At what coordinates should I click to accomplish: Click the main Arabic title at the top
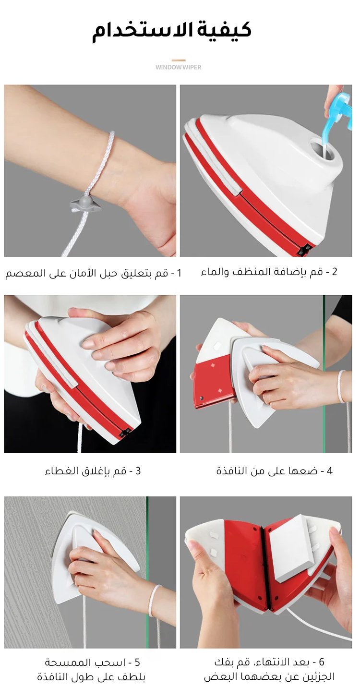pos(171,31)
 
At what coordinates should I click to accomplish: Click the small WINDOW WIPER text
pos(179,67)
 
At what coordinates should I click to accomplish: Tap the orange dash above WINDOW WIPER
pos(179,60)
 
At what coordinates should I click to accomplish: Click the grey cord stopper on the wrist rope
pos(85,204)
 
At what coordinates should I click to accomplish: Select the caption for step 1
pos(93,273)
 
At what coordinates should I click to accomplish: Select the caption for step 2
pos(269,272)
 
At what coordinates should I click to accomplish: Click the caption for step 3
pos(93,470)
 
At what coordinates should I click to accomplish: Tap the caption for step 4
pos(274,470)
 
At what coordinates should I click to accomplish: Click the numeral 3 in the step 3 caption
pos(138,470)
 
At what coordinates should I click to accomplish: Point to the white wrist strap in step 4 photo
pos(342,386)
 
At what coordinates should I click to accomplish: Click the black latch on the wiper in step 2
pos(304,250)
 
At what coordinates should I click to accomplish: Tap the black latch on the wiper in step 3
pos(125,433)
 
